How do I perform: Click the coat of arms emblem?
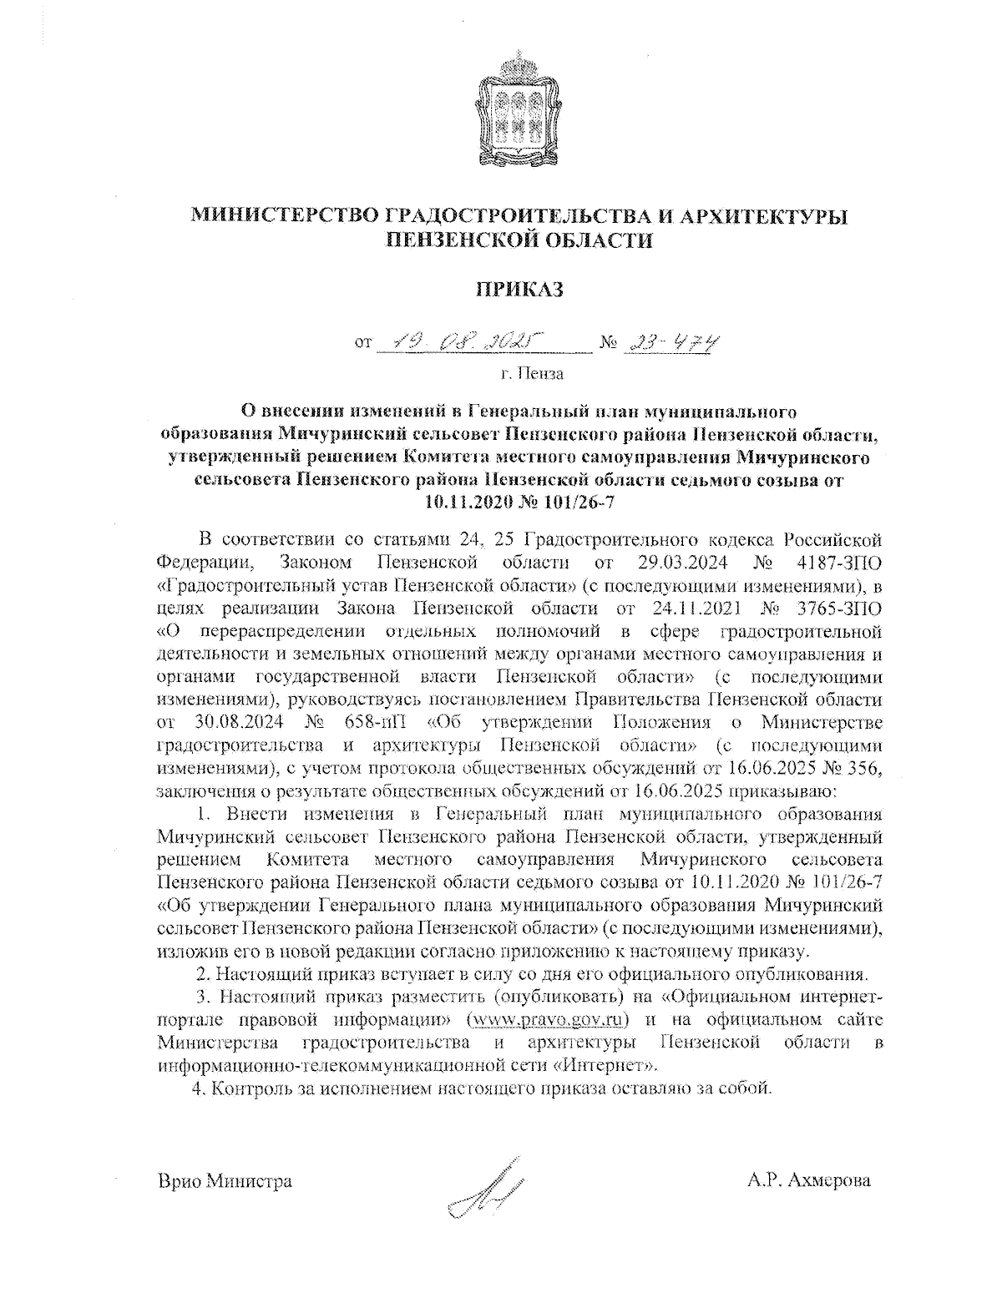(519, 109)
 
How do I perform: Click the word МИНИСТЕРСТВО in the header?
(285, 216)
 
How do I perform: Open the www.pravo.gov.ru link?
(549, 1020)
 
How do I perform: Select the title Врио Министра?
(225, 1181)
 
